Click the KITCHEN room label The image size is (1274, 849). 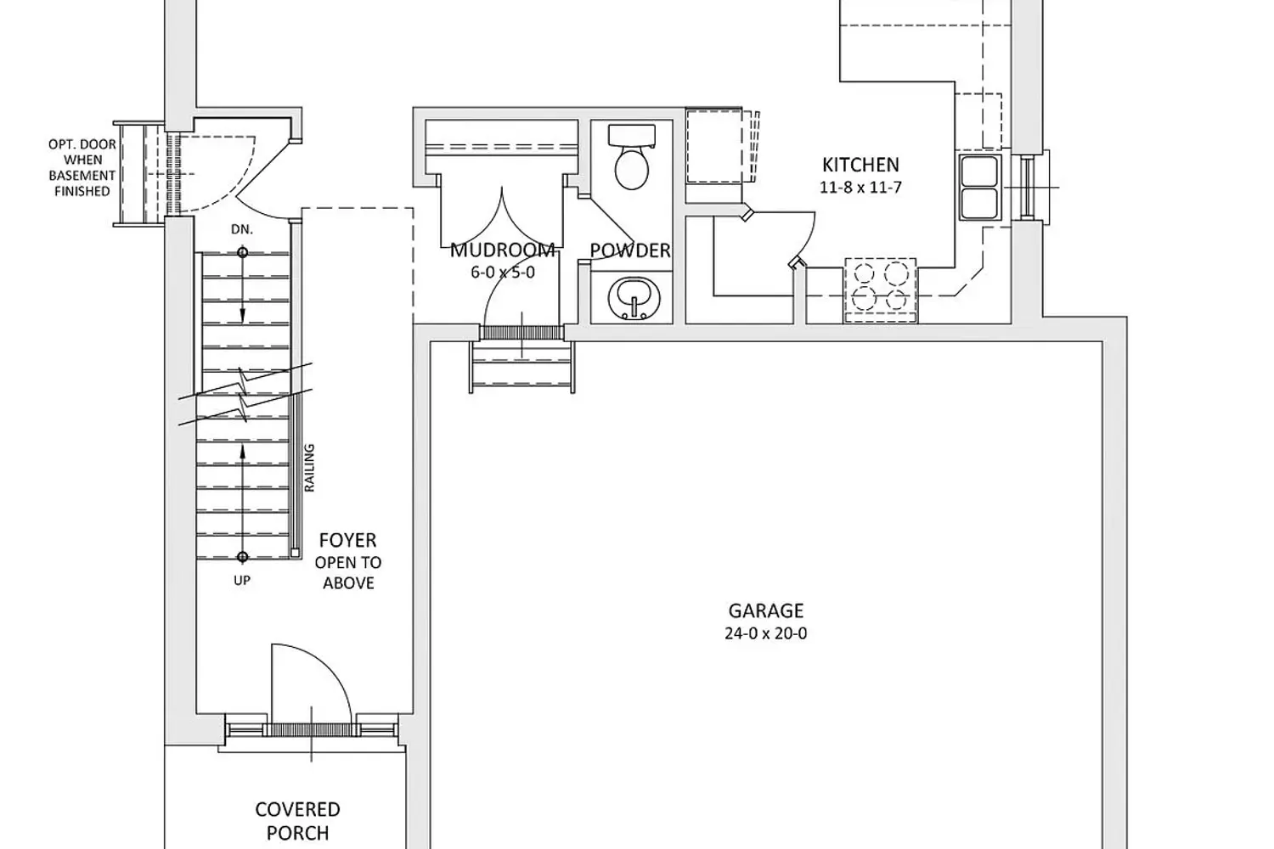(860, 165)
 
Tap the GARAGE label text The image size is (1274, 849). (765, 610)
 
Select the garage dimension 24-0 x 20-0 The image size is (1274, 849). (765, 633)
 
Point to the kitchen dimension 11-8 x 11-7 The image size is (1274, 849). (860, 187)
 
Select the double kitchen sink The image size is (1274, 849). (980, 187)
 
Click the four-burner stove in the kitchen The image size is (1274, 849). (880, 290)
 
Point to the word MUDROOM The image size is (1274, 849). (502, 250)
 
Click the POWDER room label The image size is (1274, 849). (630, 250)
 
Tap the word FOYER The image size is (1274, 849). (347, 540)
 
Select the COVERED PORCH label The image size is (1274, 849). (297, 821)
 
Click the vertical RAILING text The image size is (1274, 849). (309, 468)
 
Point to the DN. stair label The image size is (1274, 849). (242, 230)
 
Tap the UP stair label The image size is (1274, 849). (242, 581)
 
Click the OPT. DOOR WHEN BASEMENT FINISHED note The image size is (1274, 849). (82, 168)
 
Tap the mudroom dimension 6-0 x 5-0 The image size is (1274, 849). (503, 273)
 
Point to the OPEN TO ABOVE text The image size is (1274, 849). (348, 573)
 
